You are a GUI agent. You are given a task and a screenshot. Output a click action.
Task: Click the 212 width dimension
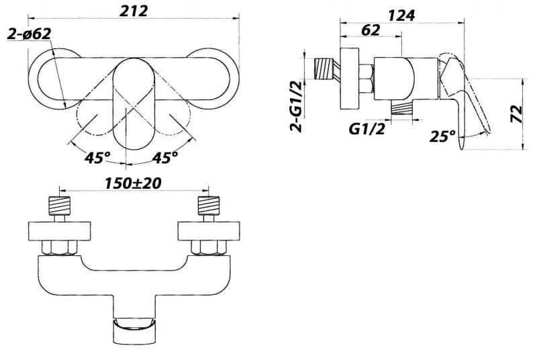pos(134,11)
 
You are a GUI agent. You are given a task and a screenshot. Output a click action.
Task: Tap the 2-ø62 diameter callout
pos(29,34)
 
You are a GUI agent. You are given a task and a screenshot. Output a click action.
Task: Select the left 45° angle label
pos(97,158)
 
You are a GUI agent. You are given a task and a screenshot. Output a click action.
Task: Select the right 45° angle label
pos(164,158)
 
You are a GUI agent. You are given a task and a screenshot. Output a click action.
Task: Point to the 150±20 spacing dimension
pos(133,183)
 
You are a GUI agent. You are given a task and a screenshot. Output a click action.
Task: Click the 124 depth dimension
pos(401,15)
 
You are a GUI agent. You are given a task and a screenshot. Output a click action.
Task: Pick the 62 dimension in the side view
pos(371,30)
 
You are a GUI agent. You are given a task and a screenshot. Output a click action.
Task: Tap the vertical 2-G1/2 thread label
pos(296,107)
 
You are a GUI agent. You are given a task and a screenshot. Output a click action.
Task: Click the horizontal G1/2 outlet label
pos(367,129)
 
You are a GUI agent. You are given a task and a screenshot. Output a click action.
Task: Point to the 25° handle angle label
pos(442,136)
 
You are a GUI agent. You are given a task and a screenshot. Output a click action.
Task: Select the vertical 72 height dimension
pos(516,114)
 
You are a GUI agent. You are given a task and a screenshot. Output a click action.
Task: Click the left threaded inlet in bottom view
pos(60,206)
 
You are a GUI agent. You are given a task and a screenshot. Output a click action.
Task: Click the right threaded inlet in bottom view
pos(209,206)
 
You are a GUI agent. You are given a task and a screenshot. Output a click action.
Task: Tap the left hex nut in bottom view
pos(60,248)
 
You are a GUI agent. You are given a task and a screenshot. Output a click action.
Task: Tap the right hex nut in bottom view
pos(209,248)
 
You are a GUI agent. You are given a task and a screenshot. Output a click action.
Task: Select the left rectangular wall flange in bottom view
pos(60,231)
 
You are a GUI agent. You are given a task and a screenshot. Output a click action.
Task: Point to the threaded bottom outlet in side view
pos(401,109)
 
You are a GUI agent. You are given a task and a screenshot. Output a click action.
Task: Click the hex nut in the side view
pos(367,79)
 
